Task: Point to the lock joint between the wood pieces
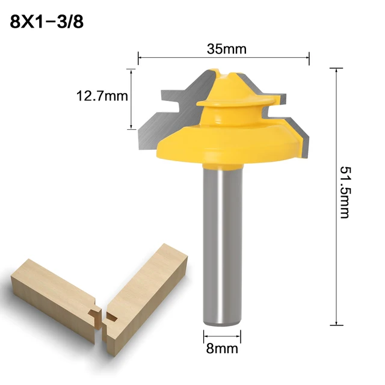point(100,315)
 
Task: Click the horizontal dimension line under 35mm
point(224,58)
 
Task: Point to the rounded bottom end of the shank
point(223,322)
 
